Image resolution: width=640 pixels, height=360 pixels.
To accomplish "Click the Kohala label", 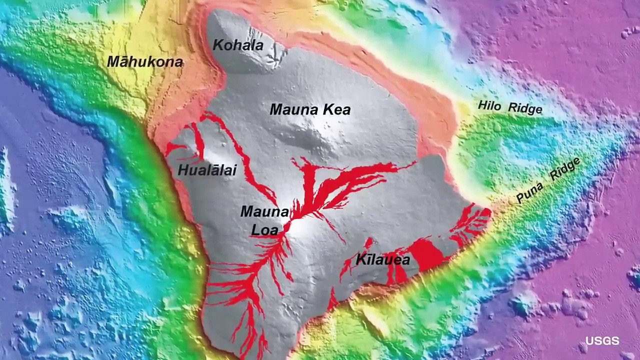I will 238,45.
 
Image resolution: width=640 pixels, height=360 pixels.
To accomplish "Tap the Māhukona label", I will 145,62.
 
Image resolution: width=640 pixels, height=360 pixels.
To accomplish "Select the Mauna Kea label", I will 310,109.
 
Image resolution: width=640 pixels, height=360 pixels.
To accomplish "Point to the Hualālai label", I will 207,170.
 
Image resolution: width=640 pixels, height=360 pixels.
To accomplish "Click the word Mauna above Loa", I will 264,211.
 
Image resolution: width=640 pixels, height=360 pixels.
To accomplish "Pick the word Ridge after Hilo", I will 525,108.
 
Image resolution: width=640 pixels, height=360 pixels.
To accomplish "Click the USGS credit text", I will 602,341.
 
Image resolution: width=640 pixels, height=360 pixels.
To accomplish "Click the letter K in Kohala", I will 217,45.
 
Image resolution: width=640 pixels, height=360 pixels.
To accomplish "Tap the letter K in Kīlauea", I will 360,260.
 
